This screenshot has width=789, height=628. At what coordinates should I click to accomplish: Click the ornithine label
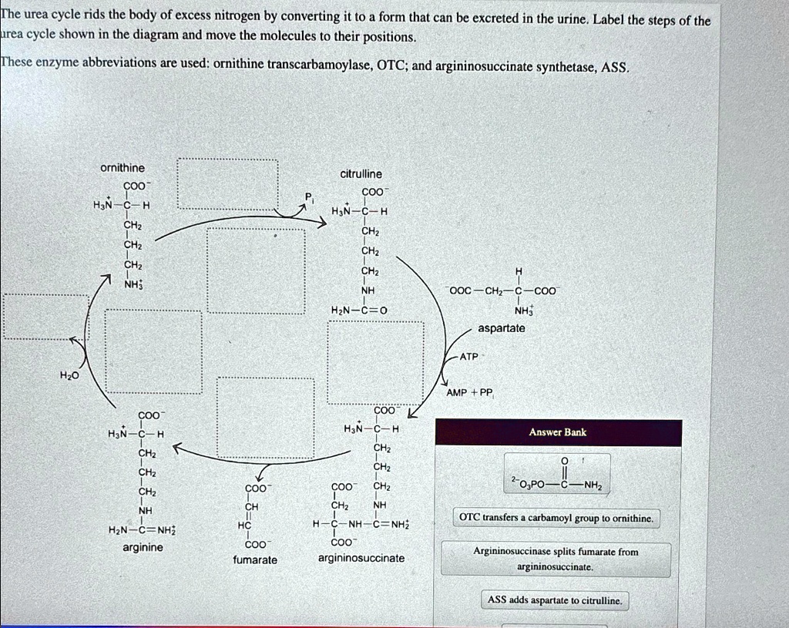point(122,168)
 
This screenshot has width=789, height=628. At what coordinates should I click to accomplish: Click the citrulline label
point(361,174)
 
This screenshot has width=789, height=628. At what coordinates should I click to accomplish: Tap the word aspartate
point(501,328)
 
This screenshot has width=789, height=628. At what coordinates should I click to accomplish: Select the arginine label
point(143,547)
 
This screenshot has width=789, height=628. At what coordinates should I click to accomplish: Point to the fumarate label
point(255,559)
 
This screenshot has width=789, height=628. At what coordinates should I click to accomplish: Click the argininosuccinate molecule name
point(361,557)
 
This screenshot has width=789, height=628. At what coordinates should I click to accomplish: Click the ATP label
point(469,357)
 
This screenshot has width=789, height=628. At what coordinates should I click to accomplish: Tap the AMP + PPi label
point(469,392)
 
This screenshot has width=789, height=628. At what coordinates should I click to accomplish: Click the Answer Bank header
point(557,432)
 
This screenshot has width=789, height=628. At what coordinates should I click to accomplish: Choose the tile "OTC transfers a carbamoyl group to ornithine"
point(556,519)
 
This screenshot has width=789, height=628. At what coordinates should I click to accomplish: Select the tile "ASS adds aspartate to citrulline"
point(554,599)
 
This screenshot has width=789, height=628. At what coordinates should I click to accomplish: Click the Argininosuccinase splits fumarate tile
point(556,559)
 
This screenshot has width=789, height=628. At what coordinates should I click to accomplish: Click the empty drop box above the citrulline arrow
point(227,184)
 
